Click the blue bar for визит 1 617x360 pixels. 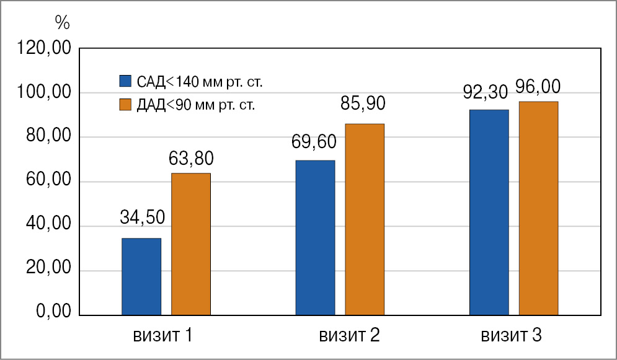click(141, 277)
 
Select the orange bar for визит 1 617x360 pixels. click(191, 244)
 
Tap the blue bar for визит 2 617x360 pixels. click(315, 238)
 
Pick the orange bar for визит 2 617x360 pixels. click(365, 219)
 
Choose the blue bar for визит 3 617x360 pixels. click(489, 213)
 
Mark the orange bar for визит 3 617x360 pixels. click(538, 208)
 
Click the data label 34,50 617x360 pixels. click(141, 217)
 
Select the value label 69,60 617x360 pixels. click(314, 143)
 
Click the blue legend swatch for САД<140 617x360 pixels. click(125, 81)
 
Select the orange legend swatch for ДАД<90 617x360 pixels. click(125, 105)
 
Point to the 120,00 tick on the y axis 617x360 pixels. click(45, 49)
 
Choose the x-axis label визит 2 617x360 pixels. click(350, 336)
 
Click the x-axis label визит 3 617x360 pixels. click(512, 336)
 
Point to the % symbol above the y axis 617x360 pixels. click(62, 23)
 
